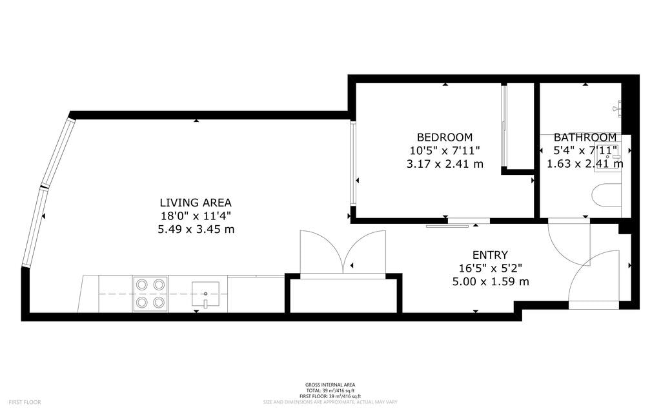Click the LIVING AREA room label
[x=196, y=203]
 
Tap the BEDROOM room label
[x=444, y=137]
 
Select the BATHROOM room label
[x=585, y=137]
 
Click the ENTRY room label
[x=490, y=255]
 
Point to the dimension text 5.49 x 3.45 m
[x=196, y=229]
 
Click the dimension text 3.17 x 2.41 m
[x=444, y=164]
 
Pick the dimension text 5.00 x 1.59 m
[x=491, y=281]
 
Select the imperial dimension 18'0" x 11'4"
[x=196, y=216]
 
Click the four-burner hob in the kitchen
[x=150, y=292]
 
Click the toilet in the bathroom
[x=605, y=195]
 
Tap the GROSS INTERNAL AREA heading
[x=330, y=385]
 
